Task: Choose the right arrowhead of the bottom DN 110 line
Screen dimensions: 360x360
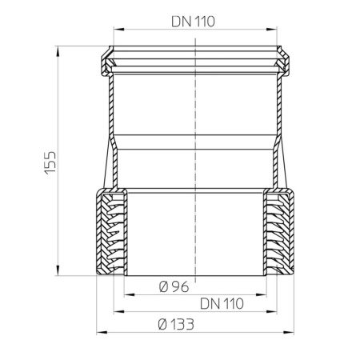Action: [x=275, y=310]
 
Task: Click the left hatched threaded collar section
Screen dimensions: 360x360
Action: [x=112, y=232]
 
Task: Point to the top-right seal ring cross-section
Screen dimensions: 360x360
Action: [x=283, y=59]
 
